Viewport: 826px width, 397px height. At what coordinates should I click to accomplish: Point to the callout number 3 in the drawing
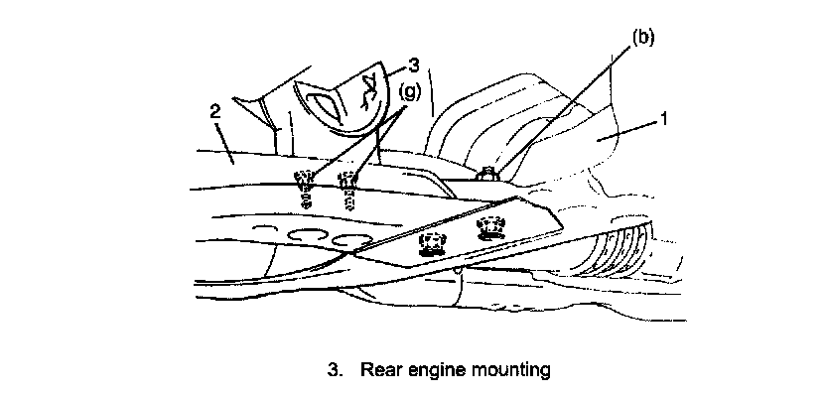pos(415,65)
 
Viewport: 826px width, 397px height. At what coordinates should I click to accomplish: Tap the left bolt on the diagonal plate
pos(432,244)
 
